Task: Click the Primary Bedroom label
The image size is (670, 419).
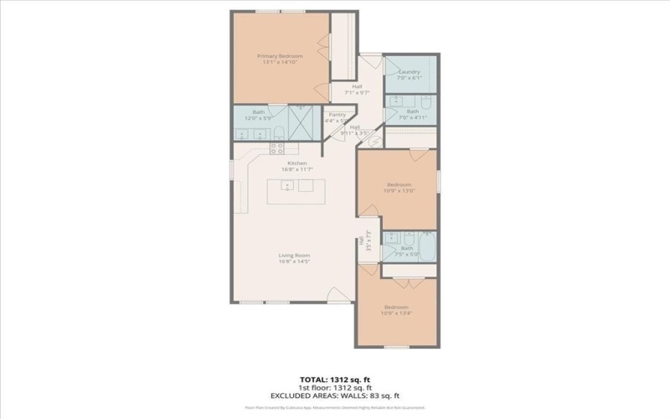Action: coord(281,55)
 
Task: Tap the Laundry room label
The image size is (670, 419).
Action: coord(410,73)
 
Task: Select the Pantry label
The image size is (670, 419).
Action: coord(338,115)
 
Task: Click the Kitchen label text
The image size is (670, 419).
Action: coord(296,163)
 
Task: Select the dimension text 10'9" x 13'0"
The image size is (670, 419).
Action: coord(399,190)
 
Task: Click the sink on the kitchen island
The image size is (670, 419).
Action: coord(287,186)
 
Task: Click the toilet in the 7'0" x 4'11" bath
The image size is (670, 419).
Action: coord(425,104)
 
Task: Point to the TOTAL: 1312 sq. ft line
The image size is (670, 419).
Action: coord(334,378)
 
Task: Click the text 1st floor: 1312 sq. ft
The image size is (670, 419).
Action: coord(334,386)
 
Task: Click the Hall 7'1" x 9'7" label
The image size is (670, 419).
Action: coord(358,89)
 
